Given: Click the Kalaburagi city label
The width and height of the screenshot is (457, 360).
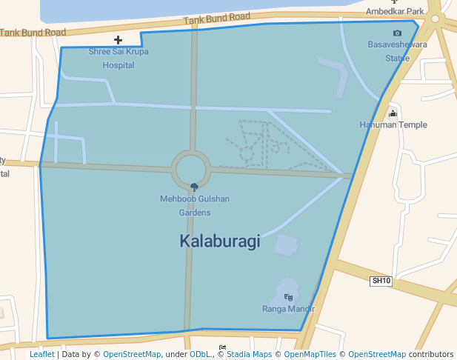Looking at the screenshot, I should (219, 241).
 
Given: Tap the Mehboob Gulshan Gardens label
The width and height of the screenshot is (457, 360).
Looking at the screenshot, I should (195, 205).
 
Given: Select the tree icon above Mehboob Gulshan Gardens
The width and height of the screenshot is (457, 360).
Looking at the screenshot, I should (194, 187).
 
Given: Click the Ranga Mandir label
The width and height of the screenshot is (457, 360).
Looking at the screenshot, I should (288, 309).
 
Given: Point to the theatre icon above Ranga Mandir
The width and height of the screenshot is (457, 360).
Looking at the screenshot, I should (288, 296).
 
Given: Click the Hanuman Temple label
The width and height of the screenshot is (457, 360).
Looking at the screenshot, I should (393, 125).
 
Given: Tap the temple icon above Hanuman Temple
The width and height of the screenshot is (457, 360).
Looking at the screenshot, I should (393, 113).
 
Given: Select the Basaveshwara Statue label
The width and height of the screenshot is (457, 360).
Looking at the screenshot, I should (398, 51).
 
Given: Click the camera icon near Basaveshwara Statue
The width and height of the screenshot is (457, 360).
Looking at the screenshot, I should (397, 33).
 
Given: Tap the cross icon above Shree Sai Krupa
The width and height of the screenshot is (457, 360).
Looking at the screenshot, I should (118, 39).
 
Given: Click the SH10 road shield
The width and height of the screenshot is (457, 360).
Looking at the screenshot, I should (381, 281).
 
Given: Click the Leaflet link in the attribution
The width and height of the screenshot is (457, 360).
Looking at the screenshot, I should (41, 355).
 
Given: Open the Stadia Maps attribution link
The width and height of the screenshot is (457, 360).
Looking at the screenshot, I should (249, 355).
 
